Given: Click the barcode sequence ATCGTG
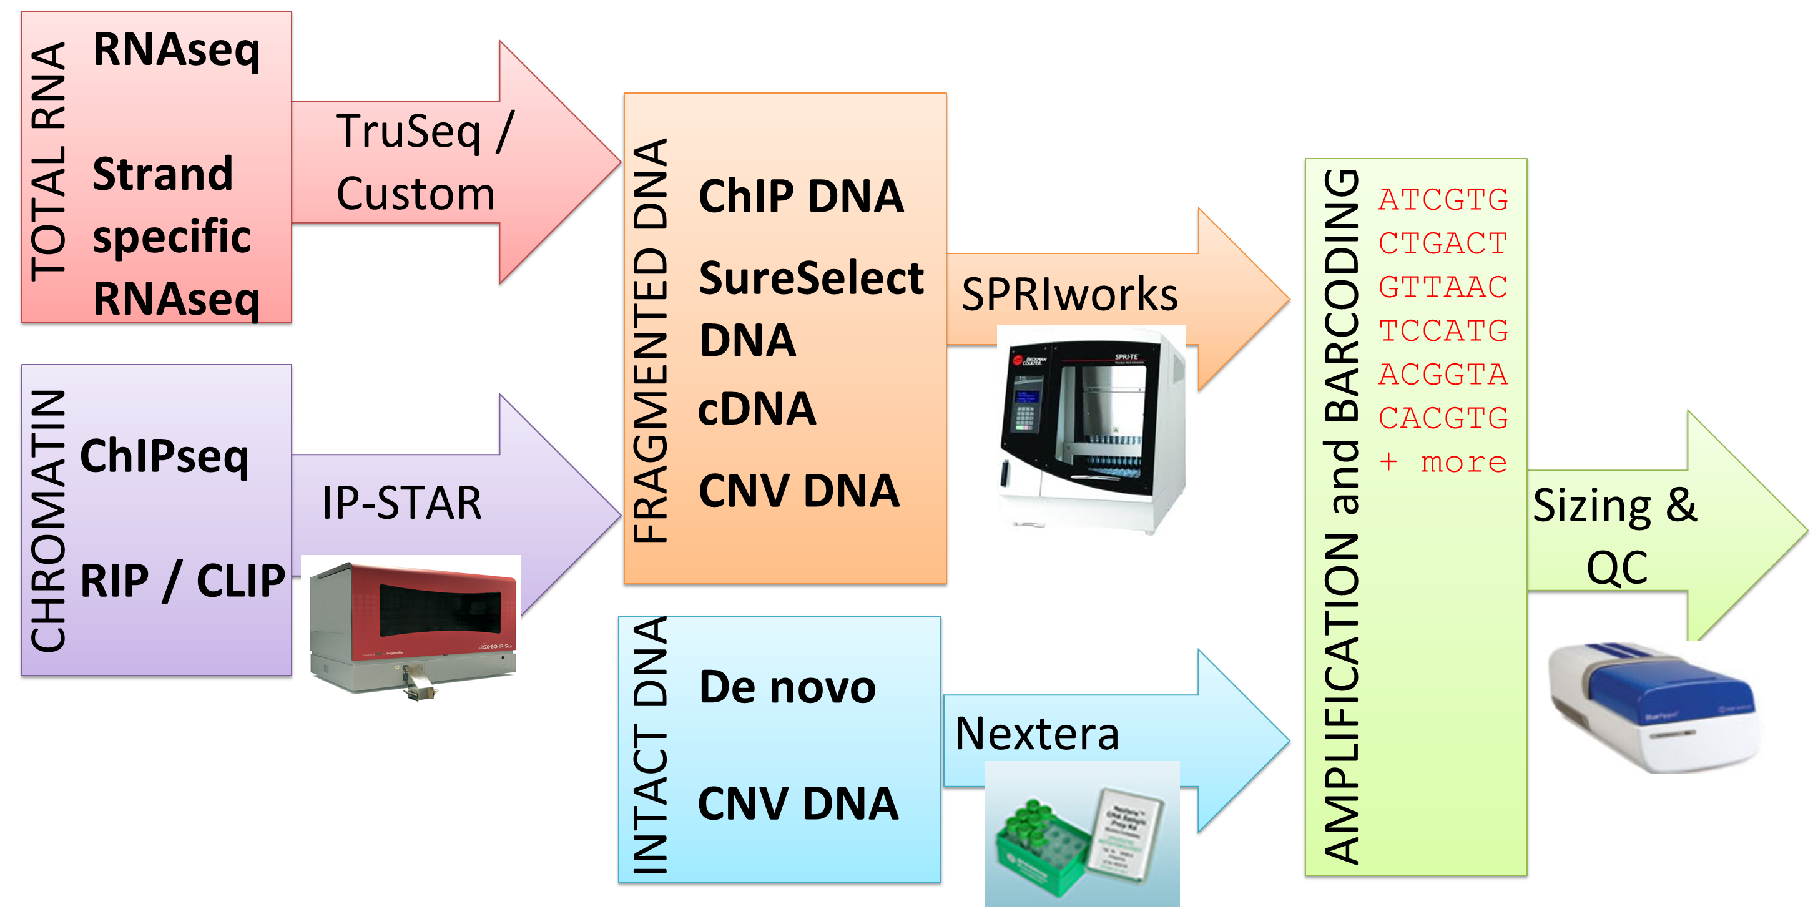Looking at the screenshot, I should coord(1443,200).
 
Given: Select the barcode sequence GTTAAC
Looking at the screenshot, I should coord(1443,287).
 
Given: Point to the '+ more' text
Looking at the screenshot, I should coord(1443,462).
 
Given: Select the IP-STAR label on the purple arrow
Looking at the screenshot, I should coord(402,503).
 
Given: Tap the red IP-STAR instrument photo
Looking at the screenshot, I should coord(411,628).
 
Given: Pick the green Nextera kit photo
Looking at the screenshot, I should coord(1082,833).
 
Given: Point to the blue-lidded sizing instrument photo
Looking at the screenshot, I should coord(1653,707).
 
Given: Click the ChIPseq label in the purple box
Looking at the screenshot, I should coord(164,456).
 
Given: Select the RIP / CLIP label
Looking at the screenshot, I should coord(182,581).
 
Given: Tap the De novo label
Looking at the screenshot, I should coord(787,687).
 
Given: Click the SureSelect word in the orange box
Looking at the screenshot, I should coord(811,278).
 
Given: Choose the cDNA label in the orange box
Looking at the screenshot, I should coord(757,409).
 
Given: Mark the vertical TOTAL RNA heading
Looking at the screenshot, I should coord(49,162).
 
